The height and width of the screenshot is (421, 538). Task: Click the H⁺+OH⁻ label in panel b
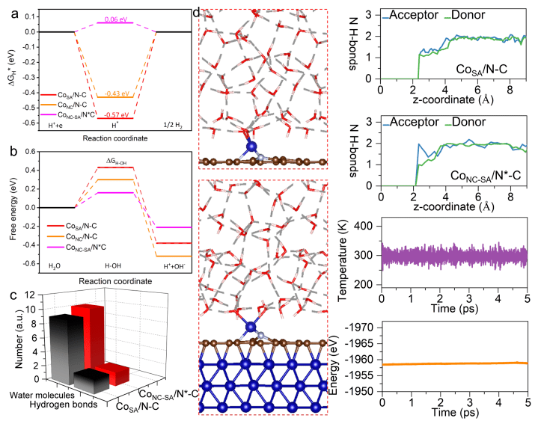click(173, 267)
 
